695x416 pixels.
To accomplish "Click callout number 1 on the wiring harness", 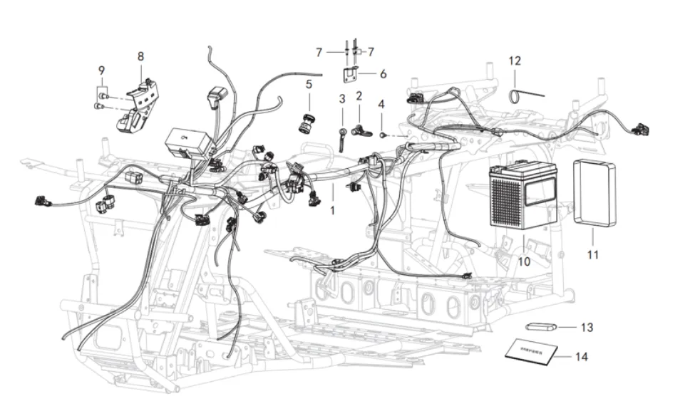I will pyautogui.click(x=331, y=211).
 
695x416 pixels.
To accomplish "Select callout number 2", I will pyautogui.click(x=359, y=95).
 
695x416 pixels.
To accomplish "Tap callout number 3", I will pyautogui.click(x=342, y=98).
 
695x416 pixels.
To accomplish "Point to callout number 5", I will pyautogui.click(x=309, y=84).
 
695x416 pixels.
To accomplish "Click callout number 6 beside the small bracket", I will pyautogui.click(x=383, y=73).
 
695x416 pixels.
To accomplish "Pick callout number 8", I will pyautogui.click(x=140, y=56).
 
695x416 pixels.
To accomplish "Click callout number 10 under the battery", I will pyautogui.click(x=524, y=261).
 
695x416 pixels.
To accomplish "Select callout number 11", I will pyautogui.click(x=593, y=254).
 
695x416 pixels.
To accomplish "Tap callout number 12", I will pyautogui.click(x=515, y=61).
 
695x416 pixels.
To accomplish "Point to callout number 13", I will pyautogui.click(x=587, y=328).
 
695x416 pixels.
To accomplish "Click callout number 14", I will pyautogui.click(x=582, y=356).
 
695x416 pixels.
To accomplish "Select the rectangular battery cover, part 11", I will pyautogui.click(x=594, y=193).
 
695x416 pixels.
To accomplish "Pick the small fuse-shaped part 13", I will pyautogui.click(x=540, y=327).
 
